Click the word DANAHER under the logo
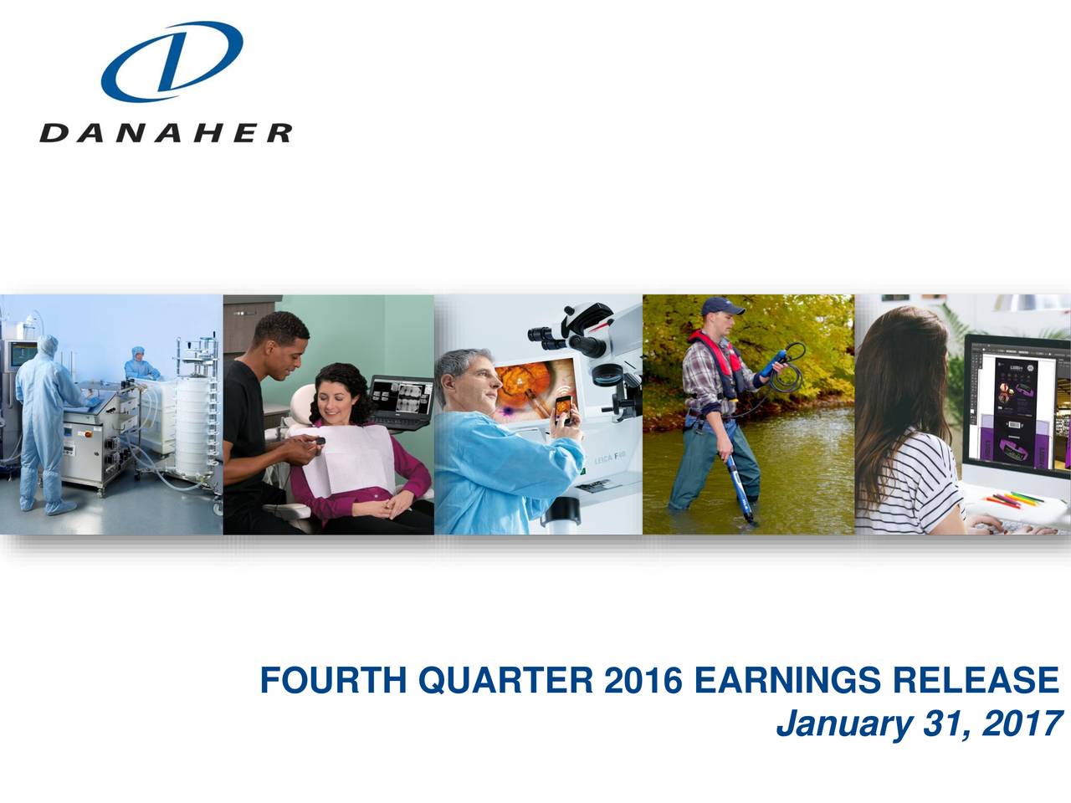click(x=166, y=133)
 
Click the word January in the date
click(x=844, y=724)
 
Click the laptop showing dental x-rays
click(x=400, y=401)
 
